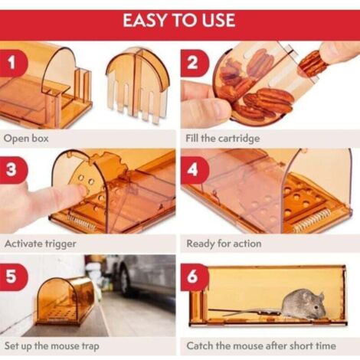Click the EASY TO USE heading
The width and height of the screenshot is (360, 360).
coord(179,21)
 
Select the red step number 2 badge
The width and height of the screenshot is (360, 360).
coord(193,63)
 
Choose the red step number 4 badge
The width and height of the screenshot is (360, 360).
coord(193,169)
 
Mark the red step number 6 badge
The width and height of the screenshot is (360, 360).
coord(193,277)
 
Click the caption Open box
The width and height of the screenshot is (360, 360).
coord(26,139)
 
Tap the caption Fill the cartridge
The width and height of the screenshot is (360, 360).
coord(222,139)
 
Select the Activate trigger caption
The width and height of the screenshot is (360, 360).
coord(41,244)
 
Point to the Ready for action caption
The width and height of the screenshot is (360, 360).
coord(224,244)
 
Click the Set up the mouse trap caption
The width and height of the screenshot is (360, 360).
coord(52,346)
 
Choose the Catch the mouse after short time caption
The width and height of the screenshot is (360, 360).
coord(261,346)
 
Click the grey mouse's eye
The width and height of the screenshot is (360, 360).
coord(316,306)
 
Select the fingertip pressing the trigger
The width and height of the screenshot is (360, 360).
coord(81,190)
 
